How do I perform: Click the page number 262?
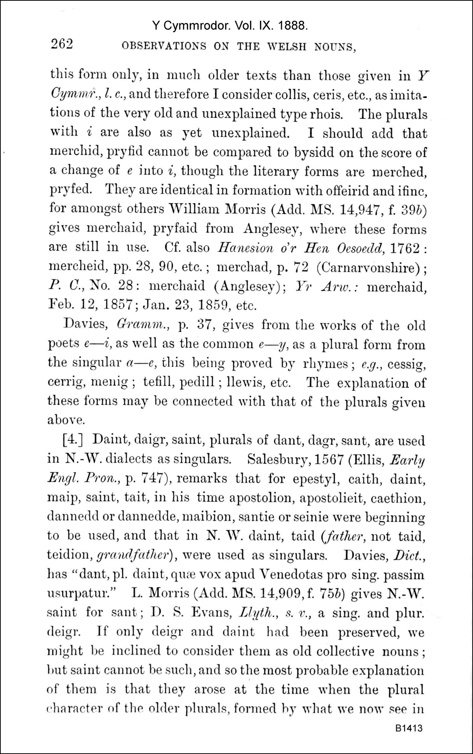pos(62,44)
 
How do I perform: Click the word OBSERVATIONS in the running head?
pos(163,47)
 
